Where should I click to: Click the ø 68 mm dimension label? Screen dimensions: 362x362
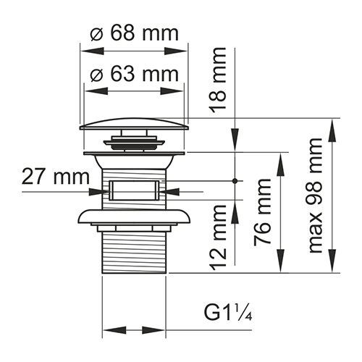click(134, 34)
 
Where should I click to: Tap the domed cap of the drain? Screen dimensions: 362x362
click(134, 124)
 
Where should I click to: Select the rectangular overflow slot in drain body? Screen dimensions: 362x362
click(134, 191)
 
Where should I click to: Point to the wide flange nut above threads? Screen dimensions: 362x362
click(134, 217)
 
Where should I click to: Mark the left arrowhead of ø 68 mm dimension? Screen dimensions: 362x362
click(84, 52)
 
